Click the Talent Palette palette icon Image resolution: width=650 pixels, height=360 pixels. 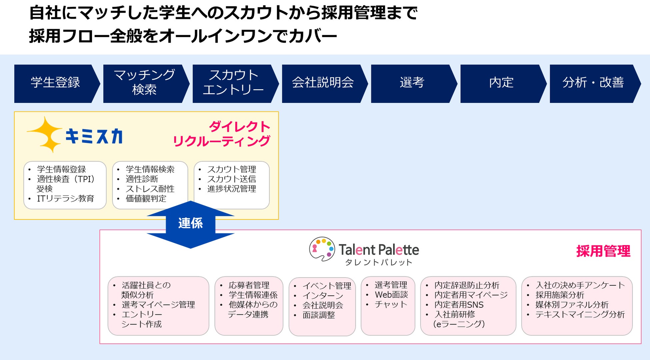322,249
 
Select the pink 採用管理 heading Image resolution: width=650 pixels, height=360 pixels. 603,251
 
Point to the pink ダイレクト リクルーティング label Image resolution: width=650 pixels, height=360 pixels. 222,134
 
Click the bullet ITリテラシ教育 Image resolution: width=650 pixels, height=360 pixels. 65,199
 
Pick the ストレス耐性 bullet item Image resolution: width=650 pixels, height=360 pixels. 150,189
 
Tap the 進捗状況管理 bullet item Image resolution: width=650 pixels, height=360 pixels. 232,189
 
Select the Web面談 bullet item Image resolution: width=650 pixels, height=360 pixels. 391,295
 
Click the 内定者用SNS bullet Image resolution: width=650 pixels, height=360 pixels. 459,305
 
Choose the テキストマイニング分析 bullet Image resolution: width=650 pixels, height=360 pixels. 580,314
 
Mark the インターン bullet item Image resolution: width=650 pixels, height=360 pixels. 323,295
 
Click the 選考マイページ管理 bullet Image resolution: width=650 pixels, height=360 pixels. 158,305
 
